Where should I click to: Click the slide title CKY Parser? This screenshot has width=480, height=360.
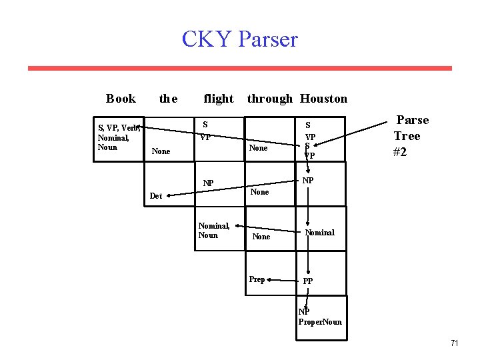[239, 39]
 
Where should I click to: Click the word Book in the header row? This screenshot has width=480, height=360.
[121, 99]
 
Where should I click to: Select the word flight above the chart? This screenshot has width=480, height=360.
[218, 99]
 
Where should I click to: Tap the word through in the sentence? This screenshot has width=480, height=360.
[269, 99]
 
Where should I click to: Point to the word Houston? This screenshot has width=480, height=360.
[323, 99]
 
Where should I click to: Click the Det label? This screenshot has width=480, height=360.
[156, 196]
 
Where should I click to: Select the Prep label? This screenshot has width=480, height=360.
[257, 279]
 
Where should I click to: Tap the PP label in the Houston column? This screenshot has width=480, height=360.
[308, 281]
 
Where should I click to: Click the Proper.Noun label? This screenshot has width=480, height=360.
[320, 323]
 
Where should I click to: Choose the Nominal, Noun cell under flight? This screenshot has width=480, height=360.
[213, 231]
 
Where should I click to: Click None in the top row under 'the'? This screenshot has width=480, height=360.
[161, 151]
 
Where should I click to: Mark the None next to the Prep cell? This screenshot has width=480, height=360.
[261, 237]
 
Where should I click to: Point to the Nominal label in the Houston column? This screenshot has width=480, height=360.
[319, 233]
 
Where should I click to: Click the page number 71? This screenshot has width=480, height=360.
[454, 343]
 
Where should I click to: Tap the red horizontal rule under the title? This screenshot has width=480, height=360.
[239, 68]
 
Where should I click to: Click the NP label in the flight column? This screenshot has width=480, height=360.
[209, 183]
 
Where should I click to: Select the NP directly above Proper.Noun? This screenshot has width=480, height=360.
[304, 311]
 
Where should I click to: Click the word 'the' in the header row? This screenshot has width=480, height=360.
[168, 99]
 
